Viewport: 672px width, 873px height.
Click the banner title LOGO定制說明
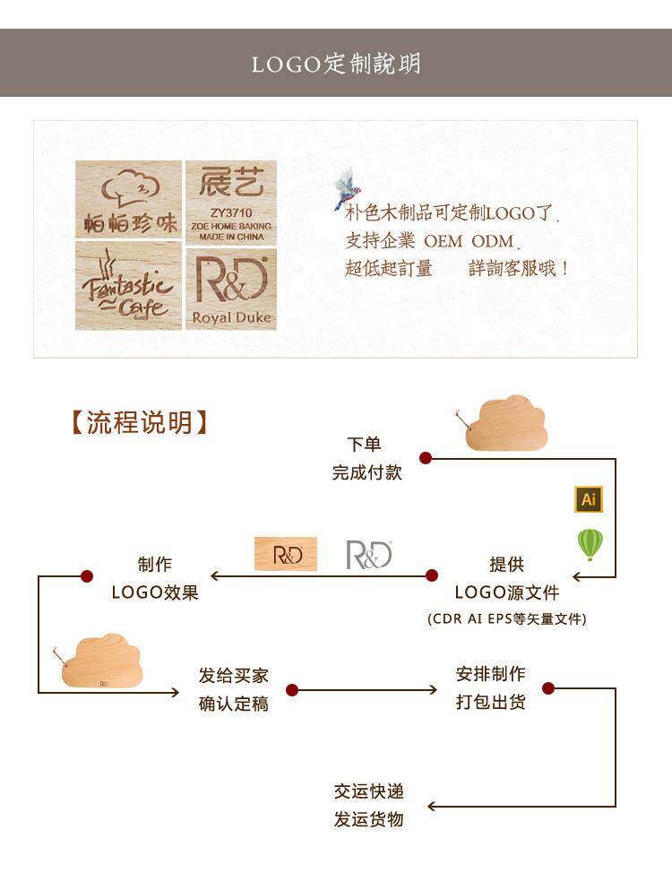tap(336, 64)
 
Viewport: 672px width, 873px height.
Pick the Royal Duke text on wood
tap(231, 317)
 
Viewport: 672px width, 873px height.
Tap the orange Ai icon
tap(589, 499)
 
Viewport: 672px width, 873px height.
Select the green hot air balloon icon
tap(590, 544)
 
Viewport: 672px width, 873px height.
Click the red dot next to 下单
tap(426, 458)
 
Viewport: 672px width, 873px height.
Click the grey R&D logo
tap(369, 555)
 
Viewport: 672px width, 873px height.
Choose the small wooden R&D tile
tap(286, 554)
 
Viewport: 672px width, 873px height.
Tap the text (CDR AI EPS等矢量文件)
tap(507, 618)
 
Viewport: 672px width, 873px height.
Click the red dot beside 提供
tap(431, 575)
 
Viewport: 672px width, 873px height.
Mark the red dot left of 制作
tap(87, 575)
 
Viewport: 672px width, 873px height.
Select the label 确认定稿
tap(233, 704)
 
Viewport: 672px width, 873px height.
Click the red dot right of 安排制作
tap(548, 688)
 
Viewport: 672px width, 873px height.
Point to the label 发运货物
tap(368, 819)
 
